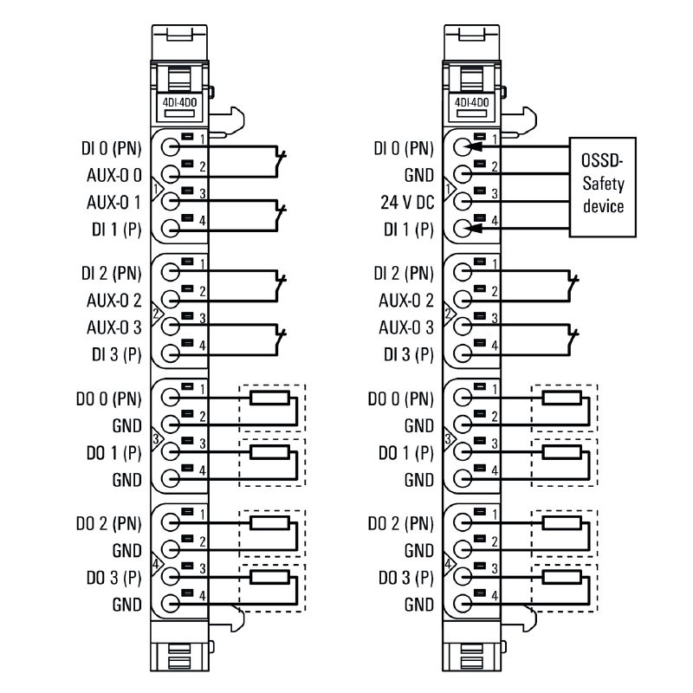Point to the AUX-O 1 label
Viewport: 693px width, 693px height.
coord(111,203)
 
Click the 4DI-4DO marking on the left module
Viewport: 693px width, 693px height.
coord(179,101)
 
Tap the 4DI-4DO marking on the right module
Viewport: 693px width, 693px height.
coord(471,101)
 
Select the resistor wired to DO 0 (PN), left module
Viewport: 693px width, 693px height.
coord(268,398)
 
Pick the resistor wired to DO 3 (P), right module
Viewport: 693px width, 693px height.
coord(560,575)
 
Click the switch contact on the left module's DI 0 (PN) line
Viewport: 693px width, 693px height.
coord(280,159)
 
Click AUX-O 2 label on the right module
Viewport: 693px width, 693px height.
coord(403,301)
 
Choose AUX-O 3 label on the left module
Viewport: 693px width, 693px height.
coord(111,327)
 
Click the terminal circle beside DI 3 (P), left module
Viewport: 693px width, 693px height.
coord(171,353)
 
